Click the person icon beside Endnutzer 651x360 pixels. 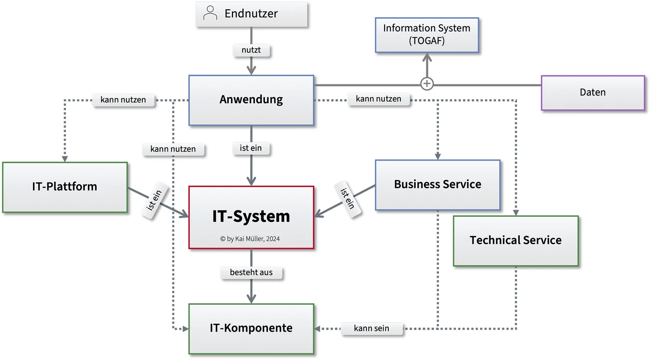tap(210, 13)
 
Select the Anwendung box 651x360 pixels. tap(252, 100)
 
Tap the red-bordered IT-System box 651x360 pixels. tap(252, 217)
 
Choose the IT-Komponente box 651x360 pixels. tap(252, 329)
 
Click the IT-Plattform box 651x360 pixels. tap(65, 187)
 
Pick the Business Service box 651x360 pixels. tap(438, 185)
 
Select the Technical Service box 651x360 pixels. tap(516, 241)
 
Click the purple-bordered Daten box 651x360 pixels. tap(593, 93)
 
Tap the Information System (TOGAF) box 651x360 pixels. tap(427, 35)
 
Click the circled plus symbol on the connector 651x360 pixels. tap(427, 84)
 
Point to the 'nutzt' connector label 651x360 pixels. tap(251, 50)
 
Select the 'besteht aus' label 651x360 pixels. tap(251, 273)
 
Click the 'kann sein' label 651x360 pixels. tap(372, 328)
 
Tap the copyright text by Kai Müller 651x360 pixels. tap(250, 239)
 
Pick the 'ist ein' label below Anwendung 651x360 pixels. tap(251, 148)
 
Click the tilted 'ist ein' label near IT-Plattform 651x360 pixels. tap(154, 200)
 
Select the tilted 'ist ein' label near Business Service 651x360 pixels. tap(348, 199)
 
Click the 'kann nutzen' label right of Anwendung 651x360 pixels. tap(379, 99)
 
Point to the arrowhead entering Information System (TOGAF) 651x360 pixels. tap(427, 57)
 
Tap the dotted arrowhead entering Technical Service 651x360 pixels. tap(516, 213)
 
